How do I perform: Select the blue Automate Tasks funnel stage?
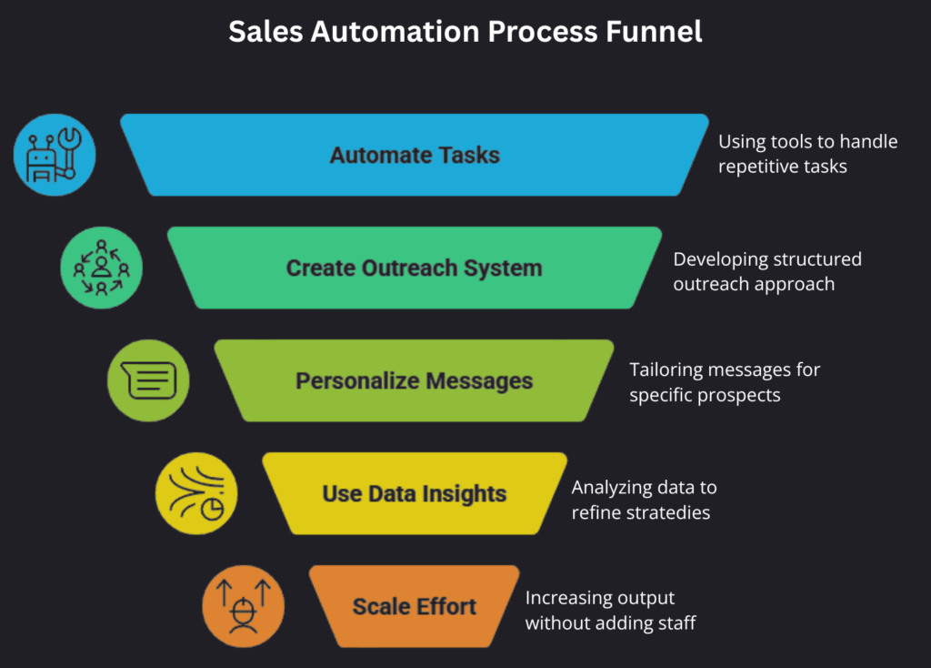click(x=415, y=155)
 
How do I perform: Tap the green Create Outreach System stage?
click(x=415, y=268)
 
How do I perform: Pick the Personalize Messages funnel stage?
click(x=415, y=380)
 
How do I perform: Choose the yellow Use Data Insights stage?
click(x=415, y=494)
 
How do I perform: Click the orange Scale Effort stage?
click(x=415, y=606)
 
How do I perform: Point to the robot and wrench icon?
click(x=55, y=156)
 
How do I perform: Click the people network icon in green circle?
click(x=101, y=268)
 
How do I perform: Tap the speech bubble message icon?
click(x=148, y=380)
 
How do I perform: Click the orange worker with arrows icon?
click(x=243, y=606)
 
